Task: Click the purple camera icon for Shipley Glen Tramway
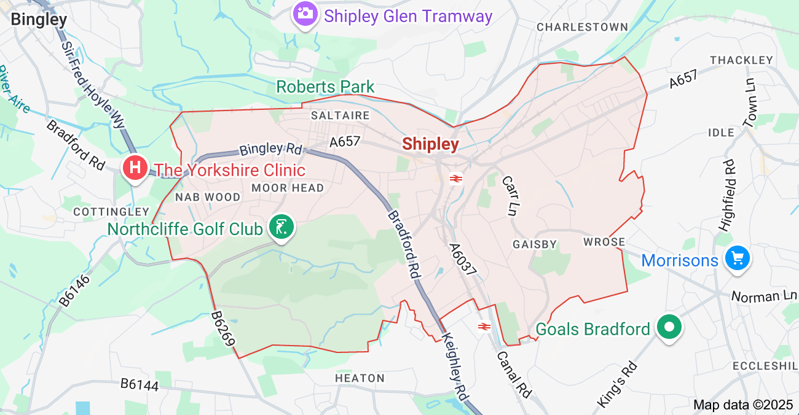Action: (x=304, y=14)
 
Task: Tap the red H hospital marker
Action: (x=135, y=167)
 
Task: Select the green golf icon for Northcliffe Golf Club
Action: (x=281, y=228)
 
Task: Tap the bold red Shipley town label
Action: (x=430, y=144)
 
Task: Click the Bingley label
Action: (x=39, y=19)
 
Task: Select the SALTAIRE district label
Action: (x=340, y=115)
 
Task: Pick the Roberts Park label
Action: (x=325, y=87)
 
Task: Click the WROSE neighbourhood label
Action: (x=604, y=242)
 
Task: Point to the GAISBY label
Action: (x=535, y=244)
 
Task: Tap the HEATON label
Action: (x=360, y=378)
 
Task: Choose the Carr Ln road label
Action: (x=510, y=196)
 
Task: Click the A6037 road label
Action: (x=462, y=263)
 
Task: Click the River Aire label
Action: (x=14, y=90)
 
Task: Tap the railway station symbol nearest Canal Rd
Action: (x=483, y=326)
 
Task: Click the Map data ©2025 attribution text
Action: (x=742, y=405)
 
